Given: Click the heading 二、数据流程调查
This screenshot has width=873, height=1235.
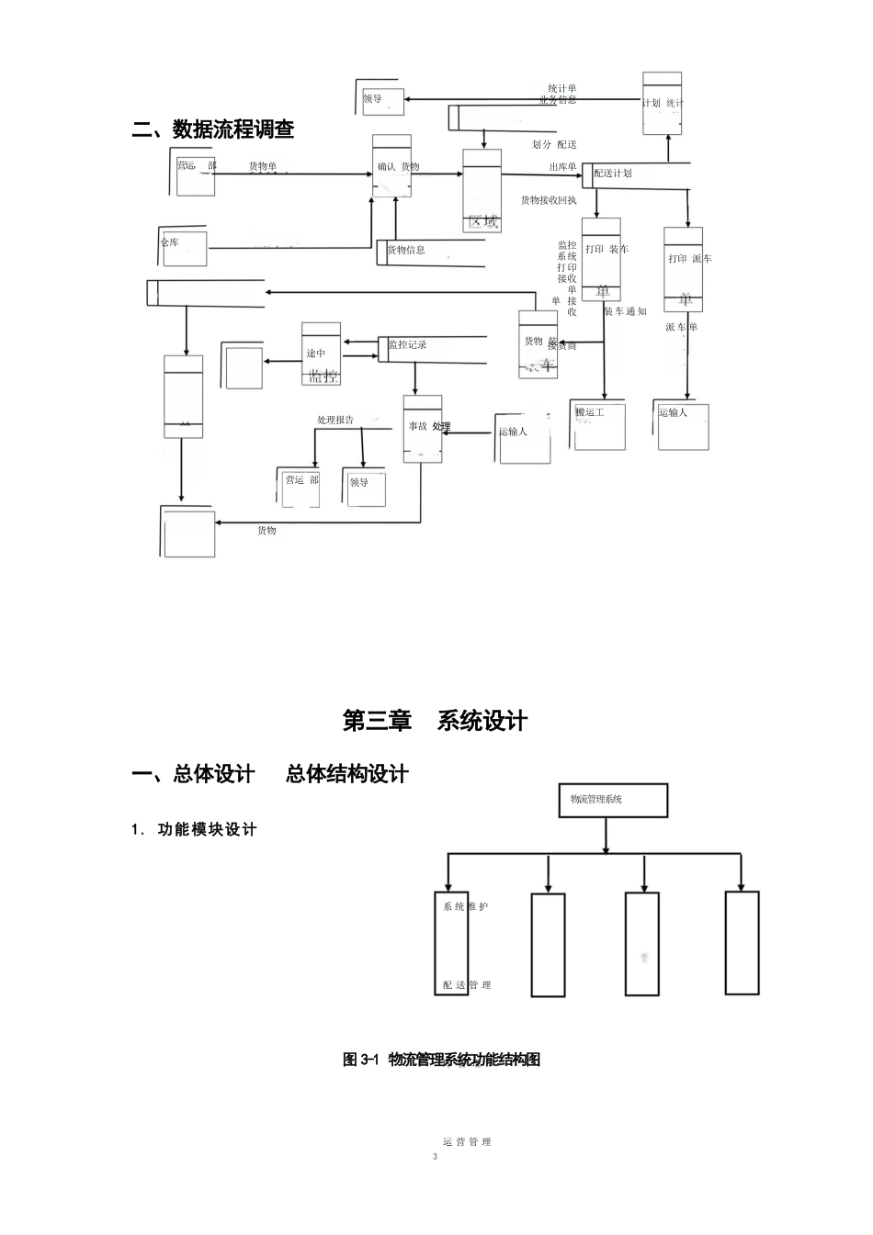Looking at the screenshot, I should coord(213,130).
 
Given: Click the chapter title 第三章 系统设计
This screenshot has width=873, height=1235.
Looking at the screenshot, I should coord(435,721).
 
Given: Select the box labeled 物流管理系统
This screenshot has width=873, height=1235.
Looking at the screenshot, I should coord(613,801).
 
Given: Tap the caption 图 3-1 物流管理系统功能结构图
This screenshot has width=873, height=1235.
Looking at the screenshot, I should coord(441,1060).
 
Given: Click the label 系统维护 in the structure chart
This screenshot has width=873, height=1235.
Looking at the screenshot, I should coord(465,907).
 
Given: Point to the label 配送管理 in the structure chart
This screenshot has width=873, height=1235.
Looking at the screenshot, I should coord(466,985).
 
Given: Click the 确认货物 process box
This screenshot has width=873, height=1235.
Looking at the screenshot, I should coord(392,167).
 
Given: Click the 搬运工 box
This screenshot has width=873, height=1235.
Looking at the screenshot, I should coord(599,425).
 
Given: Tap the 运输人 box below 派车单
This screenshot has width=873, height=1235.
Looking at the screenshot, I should coord(683,425).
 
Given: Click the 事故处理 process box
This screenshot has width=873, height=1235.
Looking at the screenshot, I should coord(423,428).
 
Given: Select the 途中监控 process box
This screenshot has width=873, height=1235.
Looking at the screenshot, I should coord(321,354).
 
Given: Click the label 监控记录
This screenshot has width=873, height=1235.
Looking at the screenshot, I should coord(407,345).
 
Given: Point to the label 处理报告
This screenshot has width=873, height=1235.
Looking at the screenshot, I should coord(335,420).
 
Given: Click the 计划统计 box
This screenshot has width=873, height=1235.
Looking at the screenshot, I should coord(662,103).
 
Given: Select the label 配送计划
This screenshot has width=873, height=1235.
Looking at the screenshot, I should coord(613,174).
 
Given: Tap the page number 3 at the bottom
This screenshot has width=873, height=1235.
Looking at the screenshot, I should coord(436,1156).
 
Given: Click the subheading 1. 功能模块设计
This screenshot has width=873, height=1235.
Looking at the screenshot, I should coord(194,829).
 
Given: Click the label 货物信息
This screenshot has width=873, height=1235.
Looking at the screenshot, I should coord(405,250).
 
